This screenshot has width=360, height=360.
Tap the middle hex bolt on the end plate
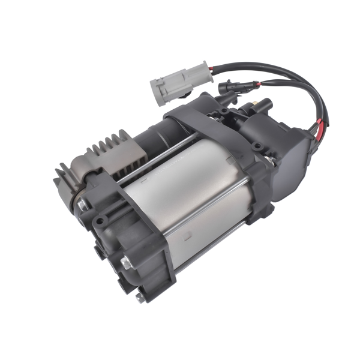tap(126, 262)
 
